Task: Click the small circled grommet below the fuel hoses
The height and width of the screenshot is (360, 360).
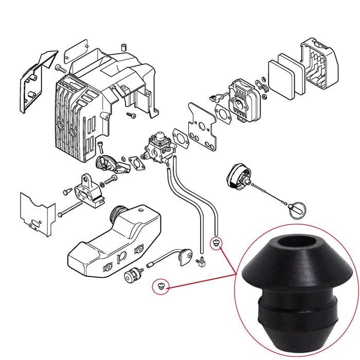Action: (x=216, y=241)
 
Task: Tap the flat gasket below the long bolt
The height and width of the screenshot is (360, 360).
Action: (x=36, y=213)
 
